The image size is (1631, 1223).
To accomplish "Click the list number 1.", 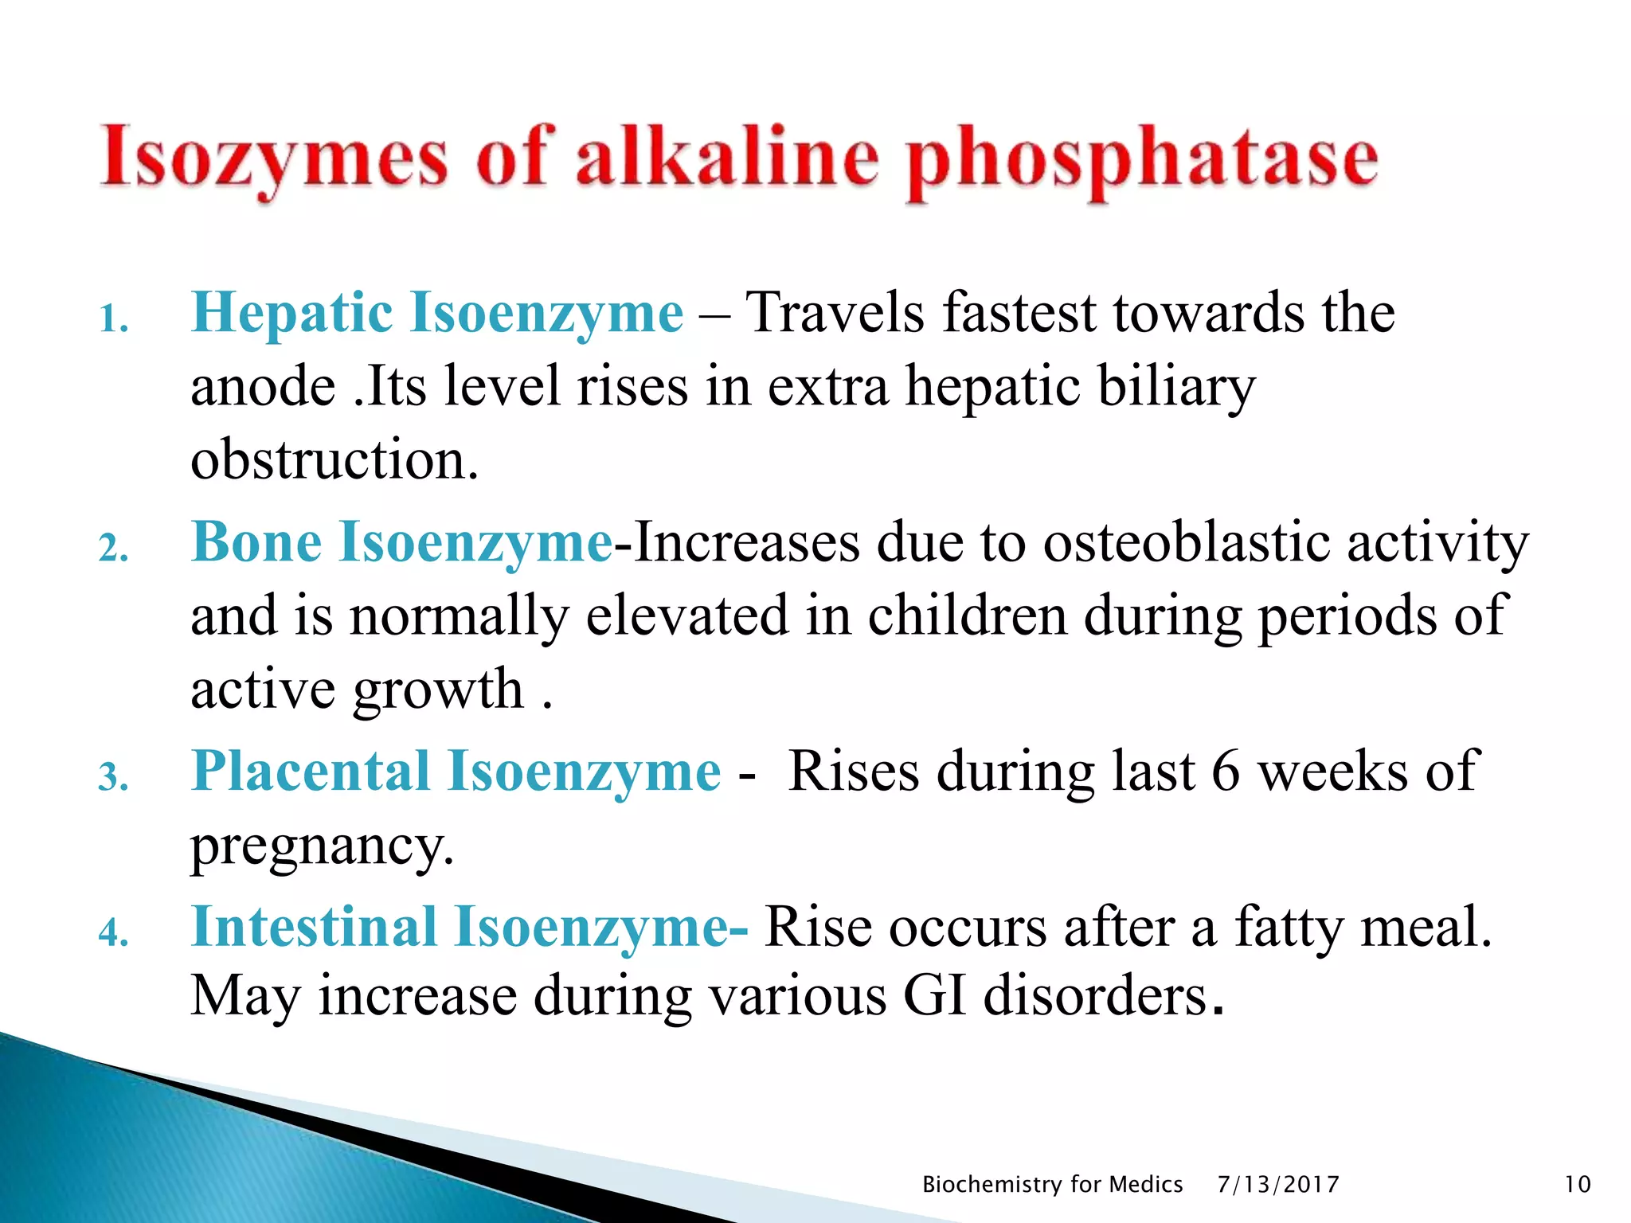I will tap(114, 320).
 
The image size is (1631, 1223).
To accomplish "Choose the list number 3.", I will tap(114, 778).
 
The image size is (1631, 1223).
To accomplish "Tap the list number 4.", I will tap(114, 932).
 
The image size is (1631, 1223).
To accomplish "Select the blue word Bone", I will tap(256, 542).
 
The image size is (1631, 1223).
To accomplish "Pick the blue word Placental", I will tap(311, 771).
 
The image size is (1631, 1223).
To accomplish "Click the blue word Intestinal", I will tap(314, 927).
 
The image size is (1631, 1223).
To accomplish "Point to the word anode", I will tap(263, 388).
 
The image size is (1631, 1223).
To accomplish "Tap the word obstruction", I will tap(334, 460).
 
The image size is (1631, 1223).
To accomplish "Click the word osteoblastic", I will tap(1187, 542).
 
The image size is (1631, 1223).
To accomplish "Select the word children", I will tap(967, 615).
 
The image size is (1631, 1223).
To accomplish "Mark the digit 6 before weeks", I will tap(1226, 772).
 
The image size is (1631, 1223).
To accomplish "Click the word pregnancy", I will tap(322, 846).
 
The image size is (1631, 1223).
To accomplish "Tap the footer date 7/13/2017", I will tap(1278, 1185).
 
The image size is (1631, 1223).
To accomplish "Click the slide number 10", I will tap(1578, 1185).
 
